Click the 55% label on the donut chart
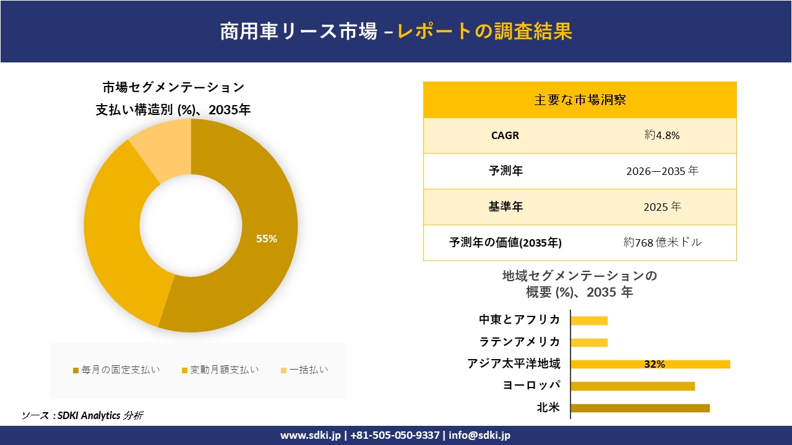267,239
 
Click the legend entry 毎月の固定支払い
116,370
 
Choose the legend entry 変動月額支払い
220,370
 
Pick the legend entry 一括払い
304,370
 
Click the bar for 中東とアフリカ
589,320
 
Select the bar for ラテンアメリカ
589,342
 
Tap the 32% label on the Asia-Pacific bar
654,364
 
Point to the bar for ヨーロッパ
632,386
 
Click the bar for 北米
640,408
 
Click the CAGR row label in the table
505,135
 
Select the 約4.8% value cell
662,135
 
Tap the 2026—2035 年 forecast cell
662,171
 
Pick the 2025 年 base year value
662,207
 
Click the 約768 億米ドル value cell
662,243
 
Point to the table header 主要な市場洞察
580,100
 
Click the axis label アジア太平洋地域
514,364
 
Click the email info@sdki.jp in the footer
480,435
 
